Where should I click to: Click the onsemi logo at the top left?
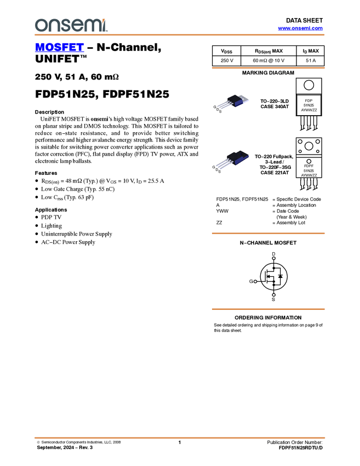71,25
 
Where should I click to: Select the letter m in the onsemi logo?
92,26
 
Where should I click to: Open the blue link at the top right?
300,29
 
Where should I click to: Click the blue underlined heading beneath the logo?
59,48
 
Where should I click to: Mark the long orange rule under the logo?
180,35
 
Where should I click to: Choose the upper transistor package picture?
233,102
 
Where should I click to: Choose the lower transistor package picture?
232,160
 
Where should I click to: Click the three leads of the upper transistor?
222,105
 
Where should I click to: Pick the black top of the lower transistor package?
238,155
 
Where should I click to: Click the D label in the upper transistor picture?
218,110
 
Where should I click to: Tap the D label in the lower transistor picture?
217,171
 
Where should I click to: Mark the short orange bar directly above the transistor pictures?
268,69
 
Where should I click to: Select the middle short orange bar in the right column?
268,234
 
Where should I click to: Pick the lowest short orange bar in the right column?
268,309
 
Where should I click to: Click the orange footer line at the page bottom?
180,437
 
